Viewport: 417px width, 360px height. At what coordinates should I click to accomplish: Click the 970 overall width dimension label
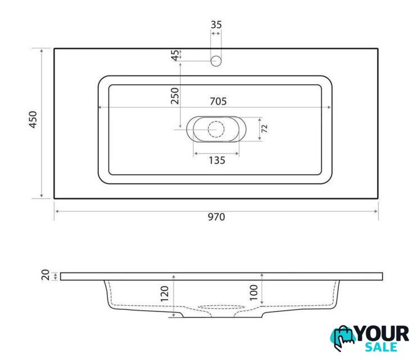[x=216, y=217]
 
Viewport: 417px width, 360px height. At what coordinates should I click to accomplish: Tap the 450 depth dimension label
[x=33, y=120]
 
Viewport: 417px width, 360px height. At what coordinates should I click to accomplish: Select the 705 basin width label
[x=218, y=101]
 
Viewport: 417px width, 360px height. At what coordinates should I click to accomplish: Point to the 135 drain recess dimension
[x=217, y=160]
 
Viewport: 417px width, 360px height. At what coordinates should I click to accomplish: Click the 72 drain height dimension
[x=264, y=129]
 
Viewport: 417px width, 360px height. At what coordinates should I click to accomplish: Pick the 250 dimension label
[x=175, y=96]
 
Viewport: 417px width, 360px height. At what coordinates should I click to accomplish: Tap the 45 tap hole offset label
[x=175, y=55]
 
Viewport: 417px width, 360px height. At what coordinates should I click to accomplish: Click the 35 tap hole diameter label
[x=216, y=25]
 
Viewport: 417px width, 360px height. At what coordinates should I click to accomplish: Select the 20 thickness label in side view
[x=46, y=275]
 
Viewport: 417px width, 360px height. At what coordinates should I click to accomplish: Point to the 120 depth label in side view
[x=164, y=294]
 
